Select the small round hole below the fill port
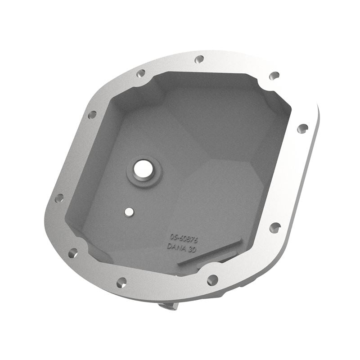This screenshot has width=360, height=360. click(129, 211)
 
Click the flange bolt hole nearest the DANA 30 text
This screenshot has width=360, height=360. click(212, 279)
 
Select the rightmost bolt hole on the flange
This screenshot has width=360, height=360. click(303, 128)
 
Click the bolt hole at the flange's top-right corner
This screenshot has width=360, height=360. click(274, 76)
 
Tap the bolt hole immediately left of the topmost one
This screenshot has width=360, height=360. click(141, 73)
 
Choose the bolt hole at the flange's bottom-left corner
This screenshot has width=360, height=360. click(72, 253)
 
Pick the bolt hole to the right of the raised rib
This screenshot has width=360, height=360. click(274, 227)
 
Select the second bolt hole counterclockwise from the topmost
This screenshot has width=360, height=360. click(92, 115)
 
